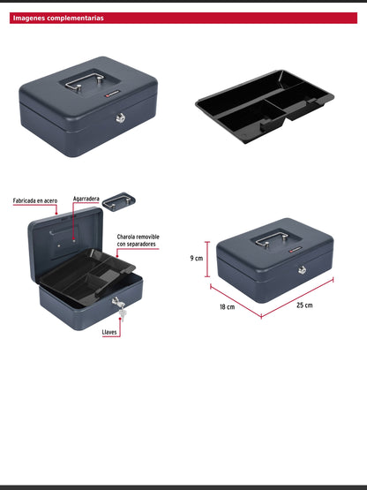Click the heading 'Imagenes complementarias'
point(58,18)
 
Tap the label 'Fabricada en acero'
point(34,201)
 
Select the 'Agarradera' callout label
point(86,200)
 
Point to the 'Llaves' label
point(109,332)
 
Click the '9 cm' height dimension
point(198,259)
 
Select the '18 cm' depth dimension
point(228,306)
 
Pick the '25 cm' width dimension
point(304,305)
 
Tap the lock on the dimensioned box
point(302,269)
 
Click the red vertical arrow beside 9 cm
point(208,259)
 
